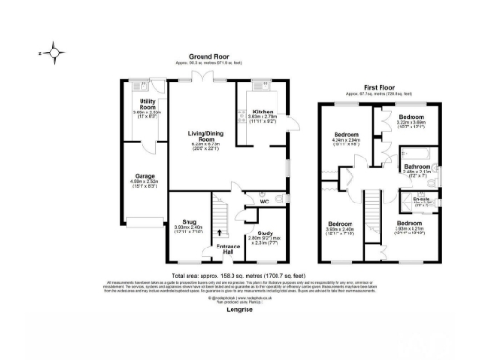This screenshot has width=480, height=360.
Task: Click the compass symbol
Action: click(54, 53)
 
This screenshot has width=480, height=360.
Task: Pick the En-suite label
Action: click(422, 199)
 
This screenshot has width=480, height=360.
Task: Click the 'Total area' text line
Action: click(240, 276)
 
